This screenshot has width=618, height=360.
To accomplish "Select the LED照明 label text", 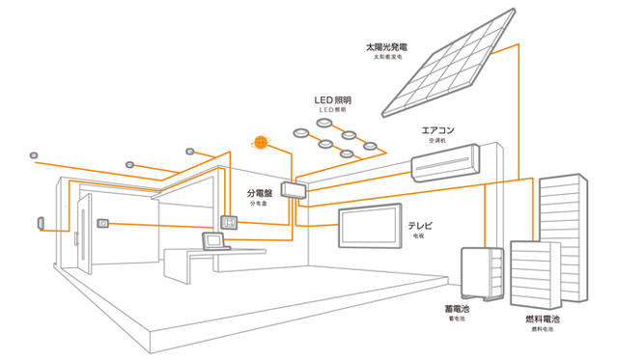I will [x=336, y=99].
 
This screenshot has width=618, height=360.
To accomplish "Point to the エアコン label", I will [x=438, y=129].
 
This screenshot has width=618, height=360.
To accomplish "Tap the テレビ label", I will [x=421, y=225].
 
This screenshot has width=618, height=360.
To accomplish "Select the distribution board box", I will [x=292, y=188].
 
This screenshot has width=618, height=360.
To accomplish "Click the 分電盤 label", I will [x=259, y=193].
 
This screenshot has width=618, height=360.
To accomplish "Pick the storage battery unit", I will [x=483, y=274].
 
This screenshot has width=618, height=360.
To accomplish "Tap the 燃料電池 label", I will [x=546, y=318].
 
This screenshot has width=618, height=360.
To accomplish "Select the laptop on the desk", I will [x=212, y=239].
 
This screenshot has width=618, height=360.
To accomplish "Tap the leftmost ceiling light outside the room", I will [x=34, y=154].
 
